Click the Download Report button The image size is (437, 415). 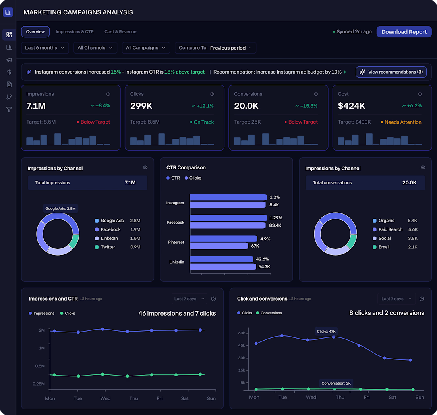tap(404, 32)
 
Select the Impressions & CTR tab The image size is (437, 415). tap(75, 32)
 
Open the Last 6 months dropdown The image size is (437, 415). tap(45, 48)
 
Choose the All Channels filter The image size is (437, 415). tap(95, 48)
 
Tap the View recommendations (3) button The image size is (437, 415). tap(391, 72)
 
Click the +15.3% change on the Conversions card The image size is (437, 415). tap(306, 106)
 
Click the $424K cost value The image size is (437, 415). tap(352, 106)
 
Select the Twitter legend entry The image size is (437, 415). tap(105, 247)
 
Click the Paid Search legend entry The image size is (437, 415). tap(387, 229)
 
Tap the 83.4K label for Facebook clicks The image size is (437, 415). tap(275, 225)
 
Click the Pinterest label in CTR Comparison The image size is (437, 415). tap(176, 242)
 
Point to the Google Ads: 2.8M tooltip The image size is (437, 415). tap(60, 208)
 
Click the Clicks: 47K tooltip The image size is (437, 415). tap(326, 332)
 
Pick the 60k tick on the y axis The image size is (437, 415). tap(242, 333)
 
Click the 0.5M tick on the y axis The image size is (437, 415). tap(40, 366)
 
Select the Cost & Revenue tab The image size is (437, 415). tap(120, 32)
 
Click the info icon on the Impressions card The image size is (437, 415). tap(108, 94)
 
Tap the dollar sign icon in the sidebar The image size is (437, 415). tap(9, 72)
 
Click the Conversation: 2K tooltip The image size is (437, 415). tap(336, 383)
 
